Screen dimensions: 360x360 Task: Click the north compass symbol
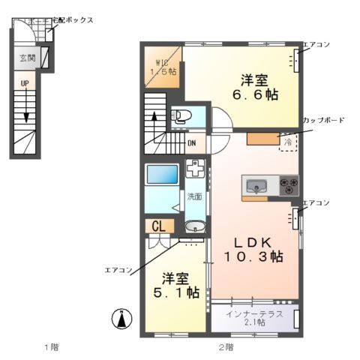point(119,318)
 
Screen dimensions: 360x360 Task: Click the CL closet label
point(159,226)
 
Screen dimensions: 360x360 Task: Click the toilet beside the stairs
point(181,116)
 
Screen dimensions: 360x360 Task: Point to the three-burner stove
point(289,184)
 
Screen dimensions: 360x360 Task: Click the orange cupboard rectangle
point(262,139)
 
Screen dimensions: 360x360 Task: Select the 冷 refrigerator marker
point(287,140)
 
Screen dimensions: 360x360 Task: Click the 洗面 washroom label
point(193,196)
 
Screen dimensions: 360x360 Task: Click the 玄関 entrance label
point(27,57)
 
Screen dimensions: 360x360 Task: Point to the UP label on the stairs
point(25,83)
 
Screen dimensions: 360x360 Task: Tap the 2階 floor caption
point(226,346)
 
